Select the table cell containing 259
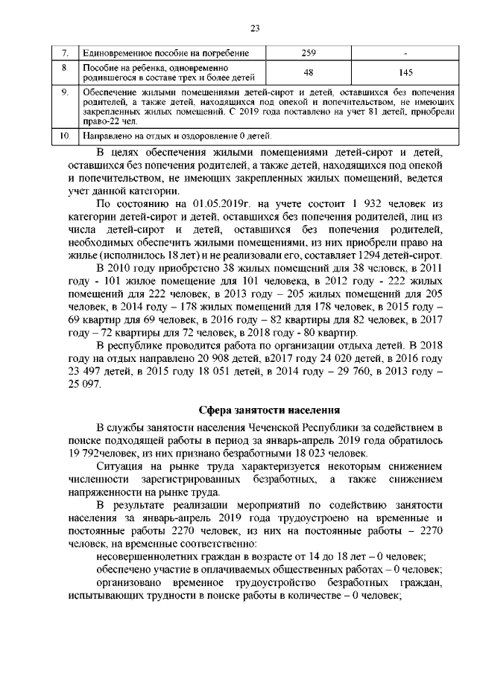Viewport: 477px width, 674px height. (309, 54)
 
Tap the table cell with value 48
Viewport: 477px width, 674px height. (309, 72)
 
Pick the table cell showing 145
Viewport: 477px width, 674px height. (405, 72)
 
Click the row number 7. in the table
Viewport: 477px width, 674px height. (65, 54)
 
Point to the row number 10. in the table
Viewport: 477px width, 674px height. (65, 137)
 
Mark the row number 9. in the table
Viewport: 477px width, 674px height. (65, 92)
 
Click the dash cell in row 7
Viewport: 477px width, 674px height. (405, 54)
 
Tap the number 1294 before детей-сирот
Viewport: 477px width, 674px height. (361, 255)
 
